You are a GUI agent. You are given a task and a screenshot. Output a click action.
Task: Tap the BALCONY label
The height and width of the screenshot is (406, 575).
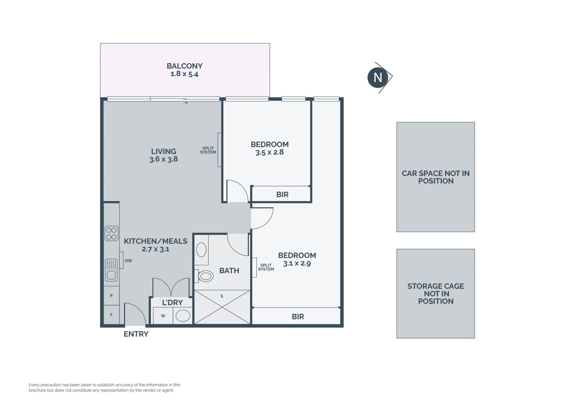point(184,66)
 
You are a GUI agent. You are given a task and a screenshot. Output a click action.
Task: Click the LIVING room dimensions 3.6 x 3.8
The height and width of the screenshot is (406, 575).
point(164,159)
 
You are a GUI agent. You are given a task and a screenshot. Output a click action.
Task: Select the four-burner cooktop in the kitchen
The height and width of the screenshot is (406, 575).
point(111,234)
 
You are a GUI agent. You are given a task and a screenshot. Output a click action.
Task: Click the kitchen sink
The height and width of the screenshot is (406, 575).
point(111,270)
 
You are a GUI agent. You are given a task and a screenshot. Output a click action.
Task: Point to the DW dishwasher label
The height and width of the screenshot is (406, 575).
point(128,261)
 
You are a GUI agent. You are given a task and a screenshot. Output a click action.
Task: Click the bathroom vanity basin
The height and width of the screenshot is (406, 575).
point(201,250)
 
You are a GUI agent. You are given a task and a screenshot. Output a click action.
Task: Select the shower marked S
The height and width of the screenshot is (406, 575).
point(222,307)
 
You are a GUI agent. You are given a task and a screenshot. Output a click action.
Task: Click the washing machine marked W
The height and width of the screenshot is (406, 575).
point(163,316)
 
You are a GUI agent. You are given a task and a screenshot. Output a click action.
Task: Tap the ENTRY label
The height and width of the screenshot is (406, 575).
point(136,334)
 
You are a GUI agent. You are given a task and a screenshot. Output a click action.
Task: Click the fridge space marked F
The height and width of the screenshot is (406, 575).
point(111,315)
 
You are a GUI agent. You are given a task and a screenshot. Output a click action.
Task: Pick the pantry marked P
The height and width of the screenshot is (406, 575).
point(111,296)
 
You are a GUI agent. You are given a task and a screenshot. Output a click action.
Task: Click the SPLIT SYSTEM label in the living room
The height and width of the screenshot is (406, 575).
point(208,150)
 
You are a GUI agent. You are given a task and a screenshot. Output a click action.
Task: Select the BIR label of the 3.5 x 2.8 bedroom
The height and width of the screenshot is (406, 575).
point(282,194)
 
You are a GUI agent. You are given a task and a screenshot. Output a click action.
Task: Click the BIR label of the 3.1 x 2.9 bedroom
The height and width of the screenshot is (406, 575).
point(298,317)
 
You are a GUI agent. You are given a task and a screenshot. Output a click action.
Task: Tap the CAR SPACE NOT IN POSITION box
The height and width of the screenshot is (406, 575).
point(436,177)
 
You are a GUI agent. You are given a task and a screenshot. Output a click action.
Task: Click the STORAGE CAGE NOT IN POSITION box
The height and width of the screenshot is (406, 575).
point(436,294)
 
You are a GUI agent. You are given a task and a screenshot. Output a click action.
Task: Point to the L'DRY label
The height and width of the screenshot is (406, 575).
point(172,302)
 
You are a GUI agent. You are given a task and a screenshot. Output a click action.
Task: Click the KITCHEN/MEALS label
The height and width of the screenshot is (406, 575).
point(156,241)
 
